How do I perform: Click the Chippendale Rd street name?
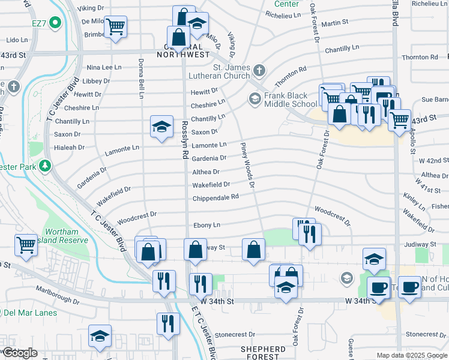[215, 197]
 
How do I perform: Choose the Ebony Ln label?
[206, 225]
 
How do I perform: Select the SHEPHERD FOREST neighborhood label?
[263, 353]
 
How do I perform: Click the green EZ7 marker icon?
[55, 23]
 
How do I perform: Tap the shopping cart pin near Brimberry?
[115, 26]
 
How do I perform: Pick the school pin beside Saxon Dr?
[161, 126]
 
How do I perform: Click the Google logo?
[19, 353]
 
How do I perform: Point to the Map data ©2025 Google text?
[411, 355]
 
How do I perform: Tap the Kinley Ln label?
[414, 197]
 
